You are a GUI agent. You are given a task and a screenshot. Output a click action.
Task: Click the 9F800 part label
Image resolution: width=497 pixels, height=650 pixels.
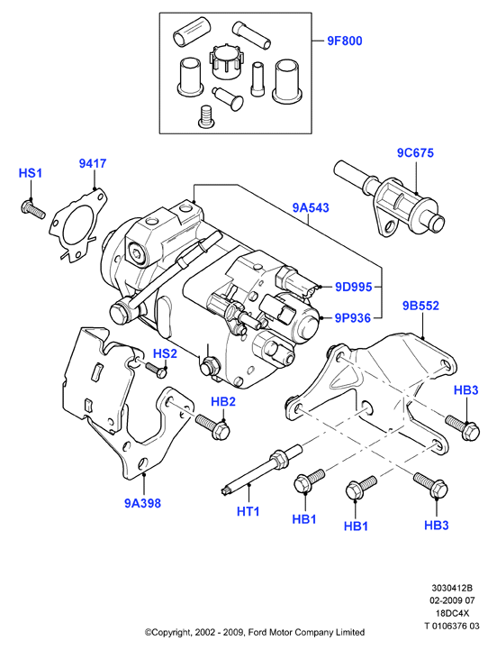pyautogui.click(x=345, y=41)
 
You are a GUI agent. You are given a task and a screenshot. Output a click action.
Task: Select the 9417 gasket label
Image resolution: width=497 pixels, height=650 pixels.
pyautogui.click(x=93, y=163)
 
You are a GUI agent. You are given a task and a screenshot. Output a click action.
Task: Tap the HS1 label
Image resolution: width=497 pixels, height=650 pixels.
pyautogui.click(x=31, y=173)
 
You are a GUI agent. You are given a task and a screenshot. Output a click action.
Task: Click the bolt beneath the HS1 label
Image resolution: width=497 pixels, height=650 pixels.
pyautogui.click(x=32, y=209)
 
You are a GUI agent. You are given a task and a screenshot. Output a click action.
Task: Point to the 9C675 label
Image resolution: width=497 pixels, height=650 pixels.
pyautogui.click(x=415, y=152)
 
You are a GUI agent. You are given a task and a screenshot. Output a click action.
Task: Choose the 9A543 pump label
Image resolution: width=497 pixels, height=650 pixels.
pyautogui.click(x=311, y=207)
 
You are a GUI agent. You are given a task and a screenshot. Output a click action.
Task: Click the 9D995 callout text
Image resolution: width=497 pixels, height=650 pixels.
pyautogui.click(x=353, y=287)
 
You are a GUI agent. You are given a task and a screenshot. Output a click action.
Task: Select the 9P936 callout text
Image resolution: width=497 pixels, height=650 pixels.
pyautogui.click(x=352, y=318)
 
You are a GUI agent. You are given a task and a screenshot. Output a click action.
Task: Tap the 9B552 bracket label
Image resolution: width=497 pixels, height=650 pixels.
pyautogui.click(x=420, y=306)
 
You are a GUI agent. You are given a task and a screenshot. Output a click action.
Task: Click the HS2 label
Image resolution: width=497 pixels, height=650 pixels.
pyautogui.click(x=165, y=353)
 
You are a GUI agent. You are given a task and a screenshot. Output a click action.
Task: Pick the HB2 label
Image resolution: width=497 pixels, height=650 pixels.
pyautogui.click(x=223, y=401)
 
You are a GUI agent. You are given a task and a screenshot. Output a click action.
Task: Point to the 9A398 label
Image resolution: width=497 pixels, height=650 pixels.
pyautogui.click(x=142, y=503)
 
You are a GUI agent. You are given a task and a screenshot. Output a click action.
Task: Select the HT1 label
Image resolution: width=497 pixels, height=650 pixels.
pyautogui.click(x=248, y=511)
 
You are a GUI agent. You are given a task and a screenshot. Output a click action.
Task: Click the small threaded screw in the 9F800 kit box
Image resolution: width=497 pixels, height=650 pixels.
pyautogui.click(x=203, y=117)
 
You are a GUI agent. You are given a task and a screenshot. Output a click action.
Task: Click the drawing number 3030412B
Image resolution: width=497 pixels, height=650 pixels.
pyautogui.click(x=452, y=588)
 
